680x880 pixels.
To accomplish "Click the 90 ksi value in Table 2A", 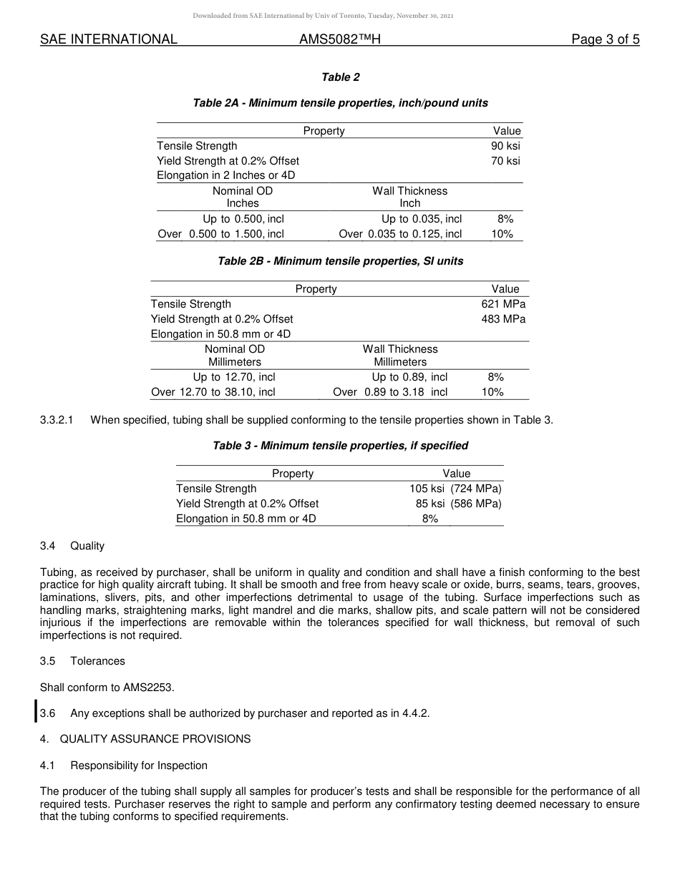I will tap(505, 146).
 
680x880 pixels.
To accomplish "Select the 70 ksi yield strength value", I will tap(505, 161).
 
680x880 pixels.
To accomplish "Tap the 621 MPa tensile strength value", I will tap(503, 304).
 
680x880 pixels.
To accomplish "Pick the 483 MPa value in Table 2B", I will tap(503, 319).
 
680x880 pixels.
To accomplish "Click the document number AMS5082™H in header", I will tap(339, 40).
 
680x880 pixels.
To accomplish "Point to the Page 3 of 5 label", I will tap(605, 40).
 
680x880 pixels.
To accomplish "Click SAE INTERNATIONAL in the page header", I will tap(109, 40).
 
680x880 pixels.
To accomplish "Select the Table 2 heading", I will tap(340, 77).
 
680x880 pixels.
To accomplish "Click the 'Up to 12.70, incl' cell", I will tap(234, 377).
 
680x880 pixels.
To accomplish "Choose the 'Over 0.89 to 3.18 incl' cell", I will tap(390, 392).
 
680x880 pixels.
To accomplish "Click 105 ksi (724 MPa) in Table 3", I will tap(455, 489).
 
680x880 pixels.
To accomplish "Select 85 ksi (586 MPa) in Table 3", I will tap(458, 504).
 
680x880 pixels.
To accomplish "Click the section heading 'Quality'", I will tap(87, 546).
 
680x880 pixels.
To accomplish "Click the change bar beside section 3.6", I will tap(37, 713).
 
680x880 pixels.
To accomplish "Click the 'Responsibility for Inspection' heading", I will tap(139, 766).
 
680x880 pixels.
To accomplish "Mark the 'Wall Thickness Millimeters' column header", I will tap(400, 356).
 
